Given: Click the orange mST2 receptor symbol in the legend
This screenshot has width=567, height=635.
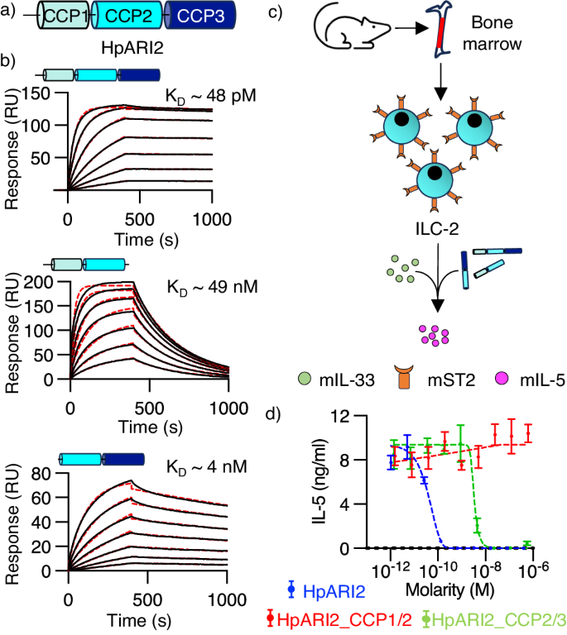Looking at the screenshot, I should click(425, 382).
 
